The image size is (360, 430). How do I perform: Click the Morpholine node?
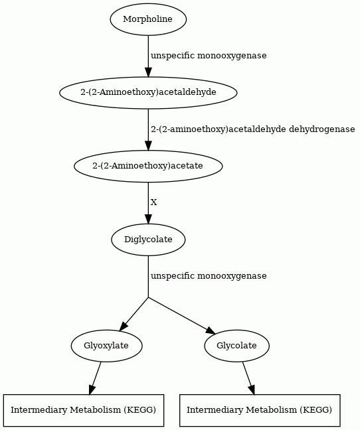(148, 19)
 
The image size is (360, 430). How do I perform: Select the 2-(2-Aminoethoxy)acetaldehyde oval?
(148, 93)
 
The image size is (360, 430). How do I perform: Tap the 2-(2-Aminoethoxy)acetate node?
(148, 166)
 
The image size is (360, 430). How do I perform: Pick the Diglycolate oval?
(148, 240)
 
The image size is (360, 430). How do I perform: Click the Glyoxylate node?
(107, 346)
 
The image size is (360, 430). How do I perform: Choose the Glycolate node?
(237, 346)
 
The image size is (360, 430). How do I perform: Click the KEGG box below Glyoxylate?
(84, 410)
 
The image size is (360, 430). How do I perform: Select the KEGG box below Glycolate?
(260, 410)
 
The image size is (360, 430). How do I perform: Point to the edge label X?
(154, 202)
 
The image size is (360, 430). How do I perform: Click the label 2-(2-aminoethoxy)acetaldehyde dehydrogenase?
(252, 129)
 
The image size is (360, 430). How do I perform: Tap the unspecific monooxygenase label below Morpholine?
(209, 55)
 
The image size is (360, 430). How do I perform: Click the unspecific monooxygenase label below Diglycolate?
(209, 276)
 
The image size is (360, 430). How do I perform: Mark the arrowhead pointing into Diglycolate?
(148, 219)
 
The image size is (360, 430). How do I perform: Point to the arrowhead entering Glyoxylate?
(124, 326)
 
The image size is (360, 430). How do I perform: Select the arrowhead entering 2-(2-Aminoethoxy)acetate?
(148, 145)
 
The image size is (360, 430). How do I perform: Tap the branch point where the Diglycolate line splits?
(148, 297)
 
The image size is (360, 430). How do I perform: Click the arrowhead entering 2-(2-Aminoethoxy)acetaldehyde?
(148, 72)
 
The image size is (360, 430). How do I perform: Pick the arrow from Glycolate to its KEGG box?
(248, 378)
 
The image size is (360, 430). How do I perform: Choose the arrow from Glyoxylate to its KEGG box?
(95, 378)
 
